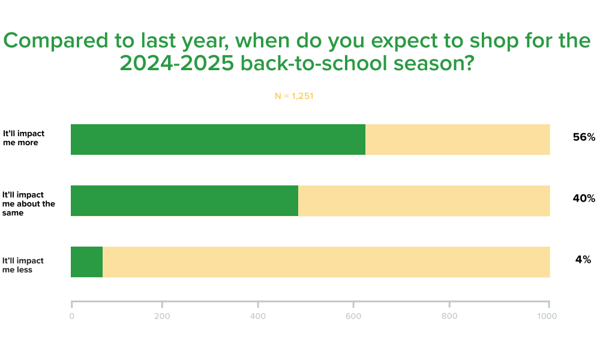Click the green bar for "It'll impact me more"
click(218, 139)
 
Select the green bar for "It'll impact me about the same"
click(184, 200)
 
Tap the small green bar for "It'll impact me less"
click(86, 262)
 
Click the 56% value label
click(584, 137)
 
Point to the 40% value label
click(584, 198)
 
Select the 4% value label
click(583, 259)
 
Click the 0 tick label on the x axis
click(71, 316)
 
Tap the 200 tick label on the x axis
click(162, 316)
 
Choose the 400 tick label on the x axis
click(258, 316)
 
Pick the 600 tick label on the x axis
click(353, 316)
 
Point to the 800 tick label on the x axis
click(449, 316)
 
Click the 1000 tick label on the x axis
click(547, 316)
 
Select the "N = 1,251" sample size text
click(294, 96)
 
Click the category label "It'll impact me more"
click(23, 138)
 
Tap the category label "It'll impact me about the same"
click(29, 203)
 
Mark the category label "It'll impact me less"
click(23, 265)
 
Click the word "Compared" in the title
click(56, 41)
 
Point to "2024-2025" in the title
click(177, 63)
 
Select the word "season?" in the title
click(434, 63)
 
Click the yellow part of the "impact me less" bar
click(326, 262)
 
